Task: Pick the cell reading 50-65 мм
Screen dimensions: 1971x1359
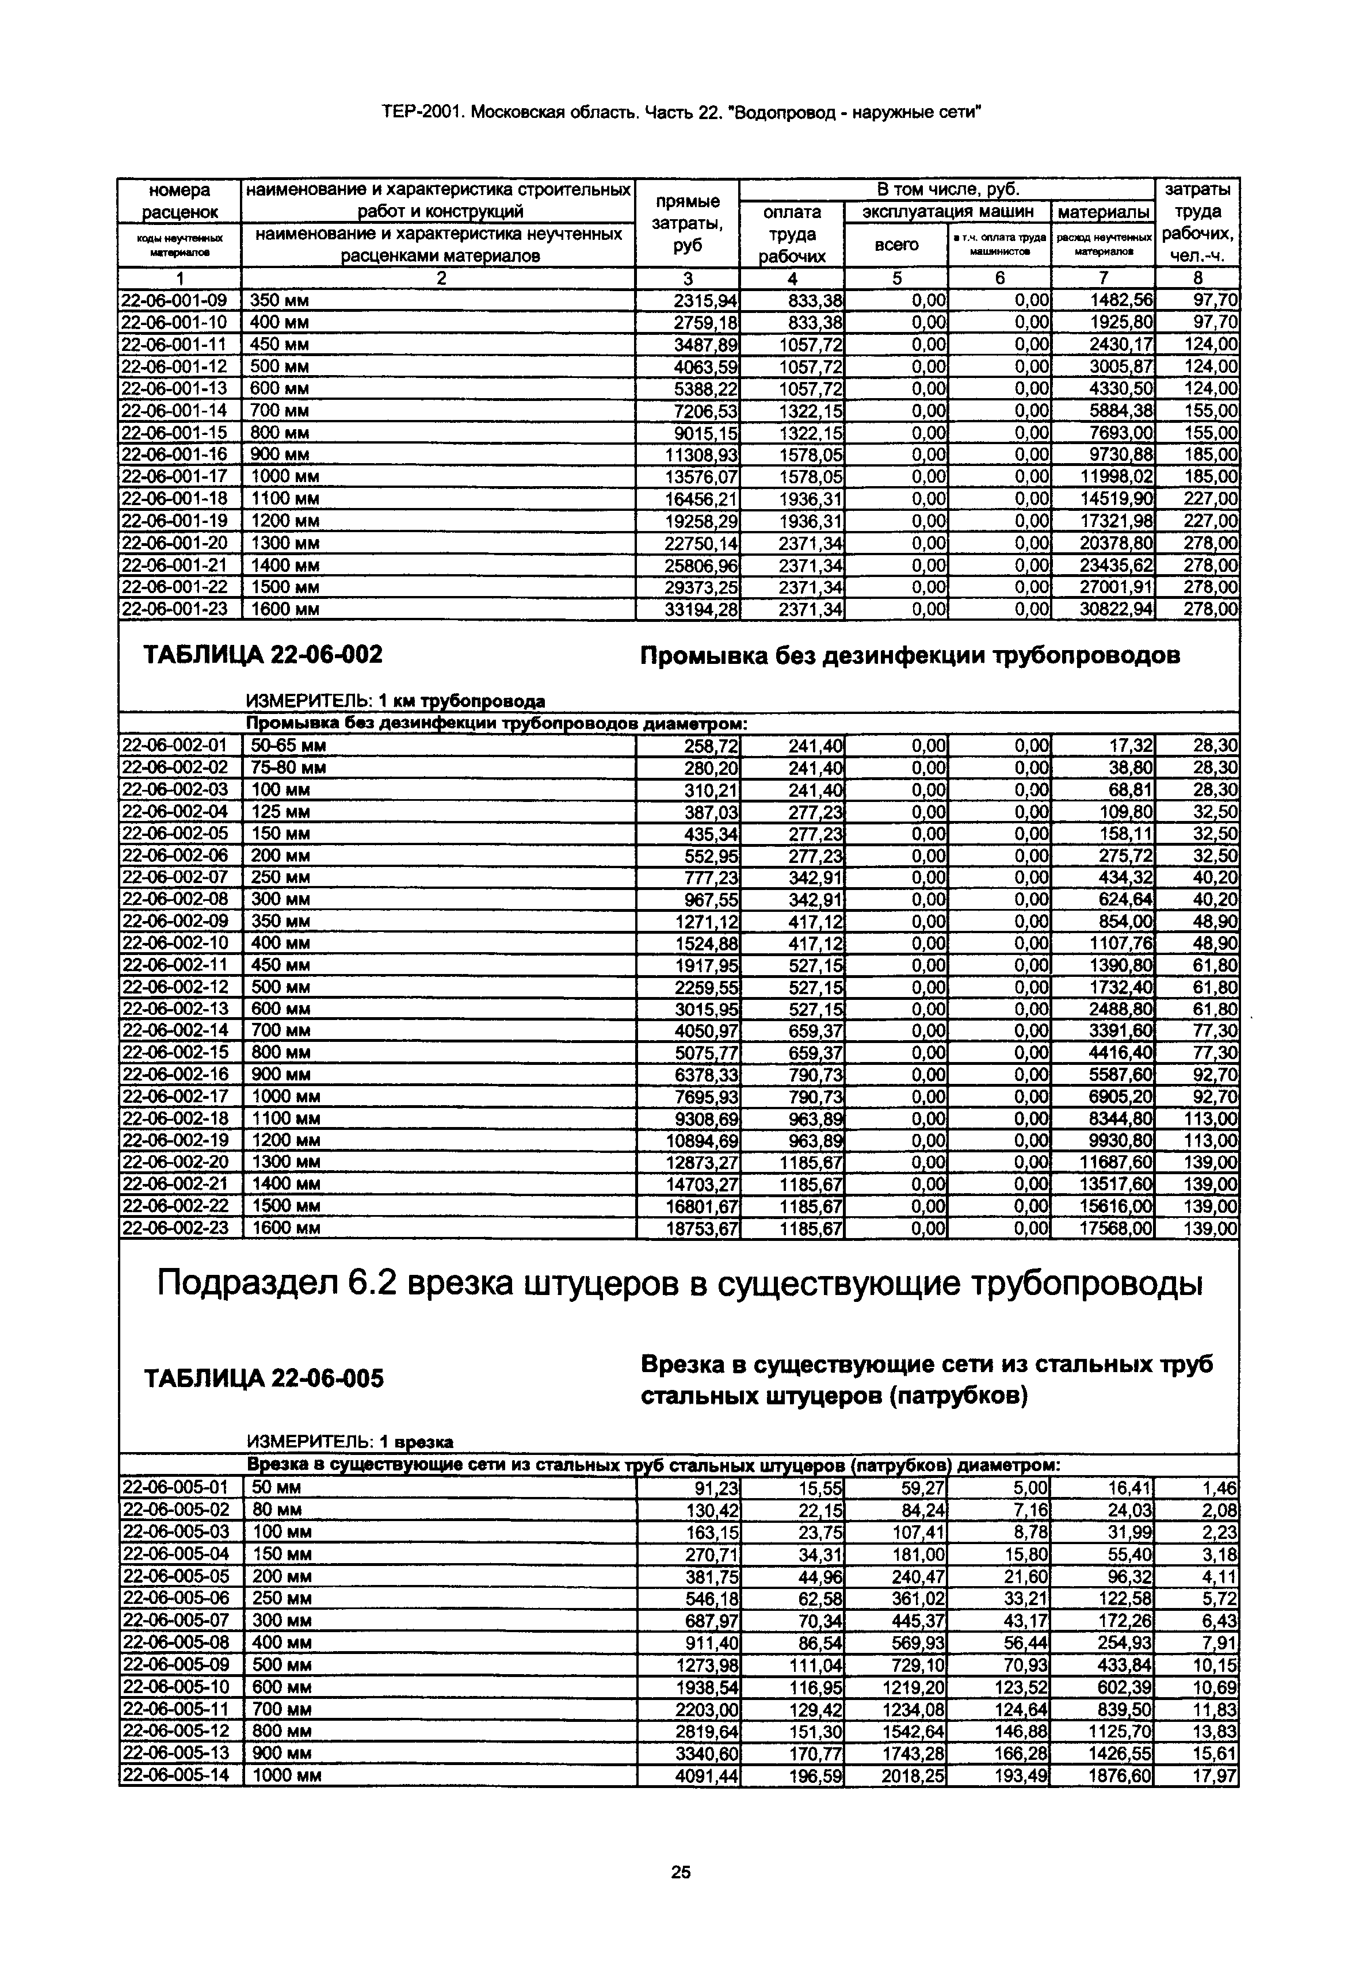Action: [x=289, y=746]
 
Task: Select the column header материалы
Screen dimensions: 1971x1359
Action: [x=1103, y=212]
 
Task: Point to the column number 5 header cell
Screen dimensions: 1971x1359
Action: [x=896, y=278]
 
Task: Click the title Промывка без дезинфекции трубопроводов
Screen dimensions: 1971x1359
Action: [x=910, y=656]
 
